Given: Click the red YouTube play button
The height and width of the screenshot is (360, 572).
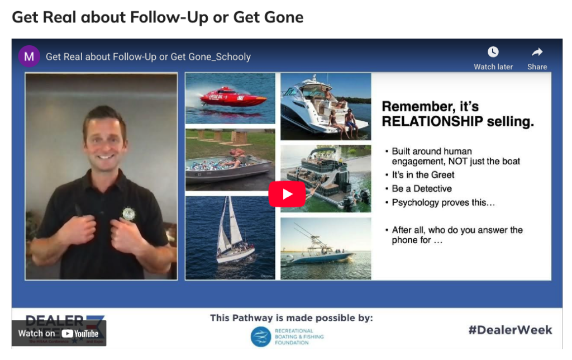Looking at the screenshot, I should (287, 194).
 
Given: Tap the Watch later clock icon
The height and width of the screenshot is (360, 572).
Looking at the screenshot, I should (493, 53).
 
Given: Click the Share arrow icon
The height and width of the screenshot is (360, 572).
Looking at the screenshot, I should (537, 53).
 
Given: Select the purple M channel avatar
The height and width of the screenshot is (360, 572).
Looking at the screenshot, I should (29, 56).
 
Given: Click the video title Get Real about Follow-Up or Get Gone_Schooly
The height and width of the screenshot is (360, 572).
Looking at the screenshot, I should (148, 56).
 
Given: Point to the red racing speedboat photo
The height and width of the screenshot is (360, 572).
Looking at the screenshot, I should (230, 98).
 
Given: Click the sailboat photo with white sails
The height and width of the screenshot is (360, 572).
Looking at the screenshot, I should (230, 237).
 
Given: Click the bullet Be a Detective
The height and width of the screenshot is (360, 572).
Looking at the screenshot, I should (422, 189).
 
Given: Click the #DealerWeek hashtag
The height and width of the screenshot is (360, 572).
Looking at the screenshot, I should (510, 330).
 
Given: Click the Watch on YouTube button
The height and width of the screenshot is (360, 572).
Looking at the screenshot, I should (59, 333).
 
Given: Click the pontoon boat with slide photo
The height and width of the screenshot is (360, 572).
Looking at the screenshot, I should (325, 178).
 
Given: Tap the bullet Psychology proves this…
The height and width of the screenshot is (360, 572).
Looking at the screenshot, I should (443, 202).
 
